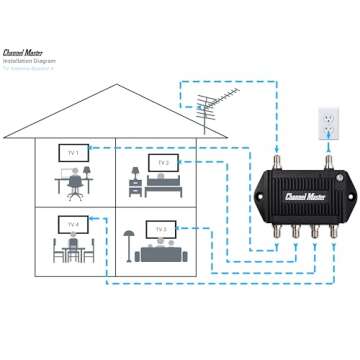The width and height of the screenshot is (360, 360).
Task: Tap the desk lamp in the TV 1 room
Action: click(x=86, y=169)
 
